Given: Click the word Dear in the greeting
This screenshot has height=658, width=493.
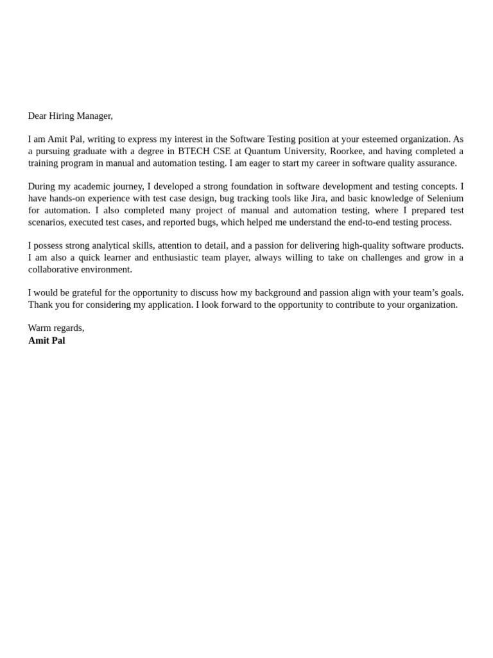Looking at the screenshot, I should pos(37,116).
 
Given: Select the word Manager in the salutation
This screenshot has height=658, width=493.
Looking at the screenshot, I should pos(94,116).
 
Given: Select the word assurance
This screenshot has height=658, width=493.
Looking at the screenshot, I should pos(436,163).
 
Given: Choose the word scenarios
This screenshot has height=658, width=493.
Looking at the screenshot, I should pos(46,222).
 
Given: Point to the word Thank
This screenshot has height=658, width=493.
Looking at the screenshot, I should pos(41,305).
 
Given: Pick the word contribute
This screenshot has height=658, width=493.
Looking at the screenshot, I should pos(358,305).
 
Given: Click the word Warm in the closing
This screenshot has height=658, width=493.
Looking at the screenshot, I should pos(39,328).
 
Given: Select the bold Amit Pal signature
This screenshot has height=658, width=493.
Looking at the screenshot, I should pos(47,341).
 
